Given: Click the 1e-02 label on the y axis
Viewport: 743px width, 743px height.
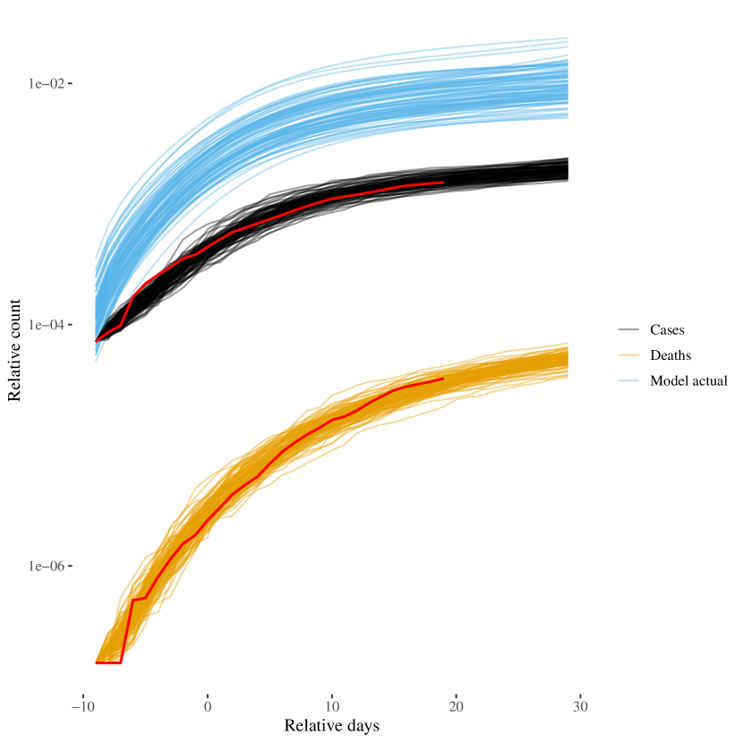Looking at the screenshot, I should coord(46,83).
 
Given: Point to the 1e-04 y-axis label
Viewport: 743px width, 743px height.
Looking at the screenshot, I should coord(46,325).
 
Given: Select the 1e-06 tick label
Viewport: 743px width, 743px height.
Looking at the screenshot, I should coord(46,566).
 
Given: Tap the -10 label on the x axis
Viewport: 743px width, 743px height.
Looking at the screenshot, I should coord(83,706).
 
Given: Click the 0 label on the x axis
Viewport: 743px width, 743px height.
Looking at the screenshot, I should coord(208,706).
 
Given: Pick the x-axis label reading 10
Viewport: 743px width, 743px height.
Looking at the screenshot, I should coord(331,706).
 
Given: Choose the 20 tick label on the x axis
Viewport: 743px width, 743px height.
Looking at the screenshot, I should coord(456,706).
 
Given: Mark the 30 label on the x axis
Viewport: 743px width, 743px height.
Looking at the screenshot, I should coord(580,706).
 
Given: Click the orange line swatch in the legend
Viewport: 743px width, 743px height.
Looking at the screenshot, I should coord(628,355).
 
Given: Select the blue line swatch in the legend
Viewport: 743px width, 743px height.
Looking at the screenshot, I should coord(628,380).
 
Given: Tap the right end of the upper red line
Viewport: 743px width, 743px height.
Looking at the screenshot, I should coord(443,183).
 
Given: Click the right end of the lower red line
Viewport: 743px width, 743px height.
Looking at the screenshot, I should coord(443,379).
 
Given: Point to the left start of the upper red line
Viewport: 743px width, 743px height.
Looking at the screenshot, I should coord(96,341).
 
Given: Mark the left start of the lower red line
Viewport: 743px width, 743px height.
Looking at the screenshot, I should coord(96,663).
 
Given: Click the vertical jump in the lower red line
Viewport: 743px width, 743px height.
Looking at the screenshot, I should coord(127,631).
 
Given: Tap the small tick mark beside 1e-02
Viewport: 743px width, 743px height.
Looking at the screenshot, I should coord(70,83).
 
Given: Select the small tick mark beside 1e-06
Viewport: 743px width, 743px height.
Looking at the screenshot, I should coord(70,566).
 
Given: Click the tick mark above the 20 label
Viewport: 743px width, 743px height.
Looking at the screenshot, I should coord(456,694).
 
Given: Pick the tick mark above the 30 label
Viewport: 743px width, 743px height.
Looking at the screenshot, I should coord(580,694).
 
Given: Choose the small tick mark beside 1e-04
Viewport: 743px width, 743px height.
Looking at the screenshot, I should coord(70,325).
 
